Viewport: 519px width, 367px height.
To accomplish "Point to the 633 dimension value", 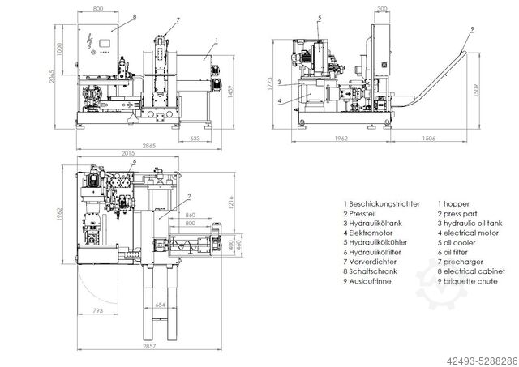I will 195,138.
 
